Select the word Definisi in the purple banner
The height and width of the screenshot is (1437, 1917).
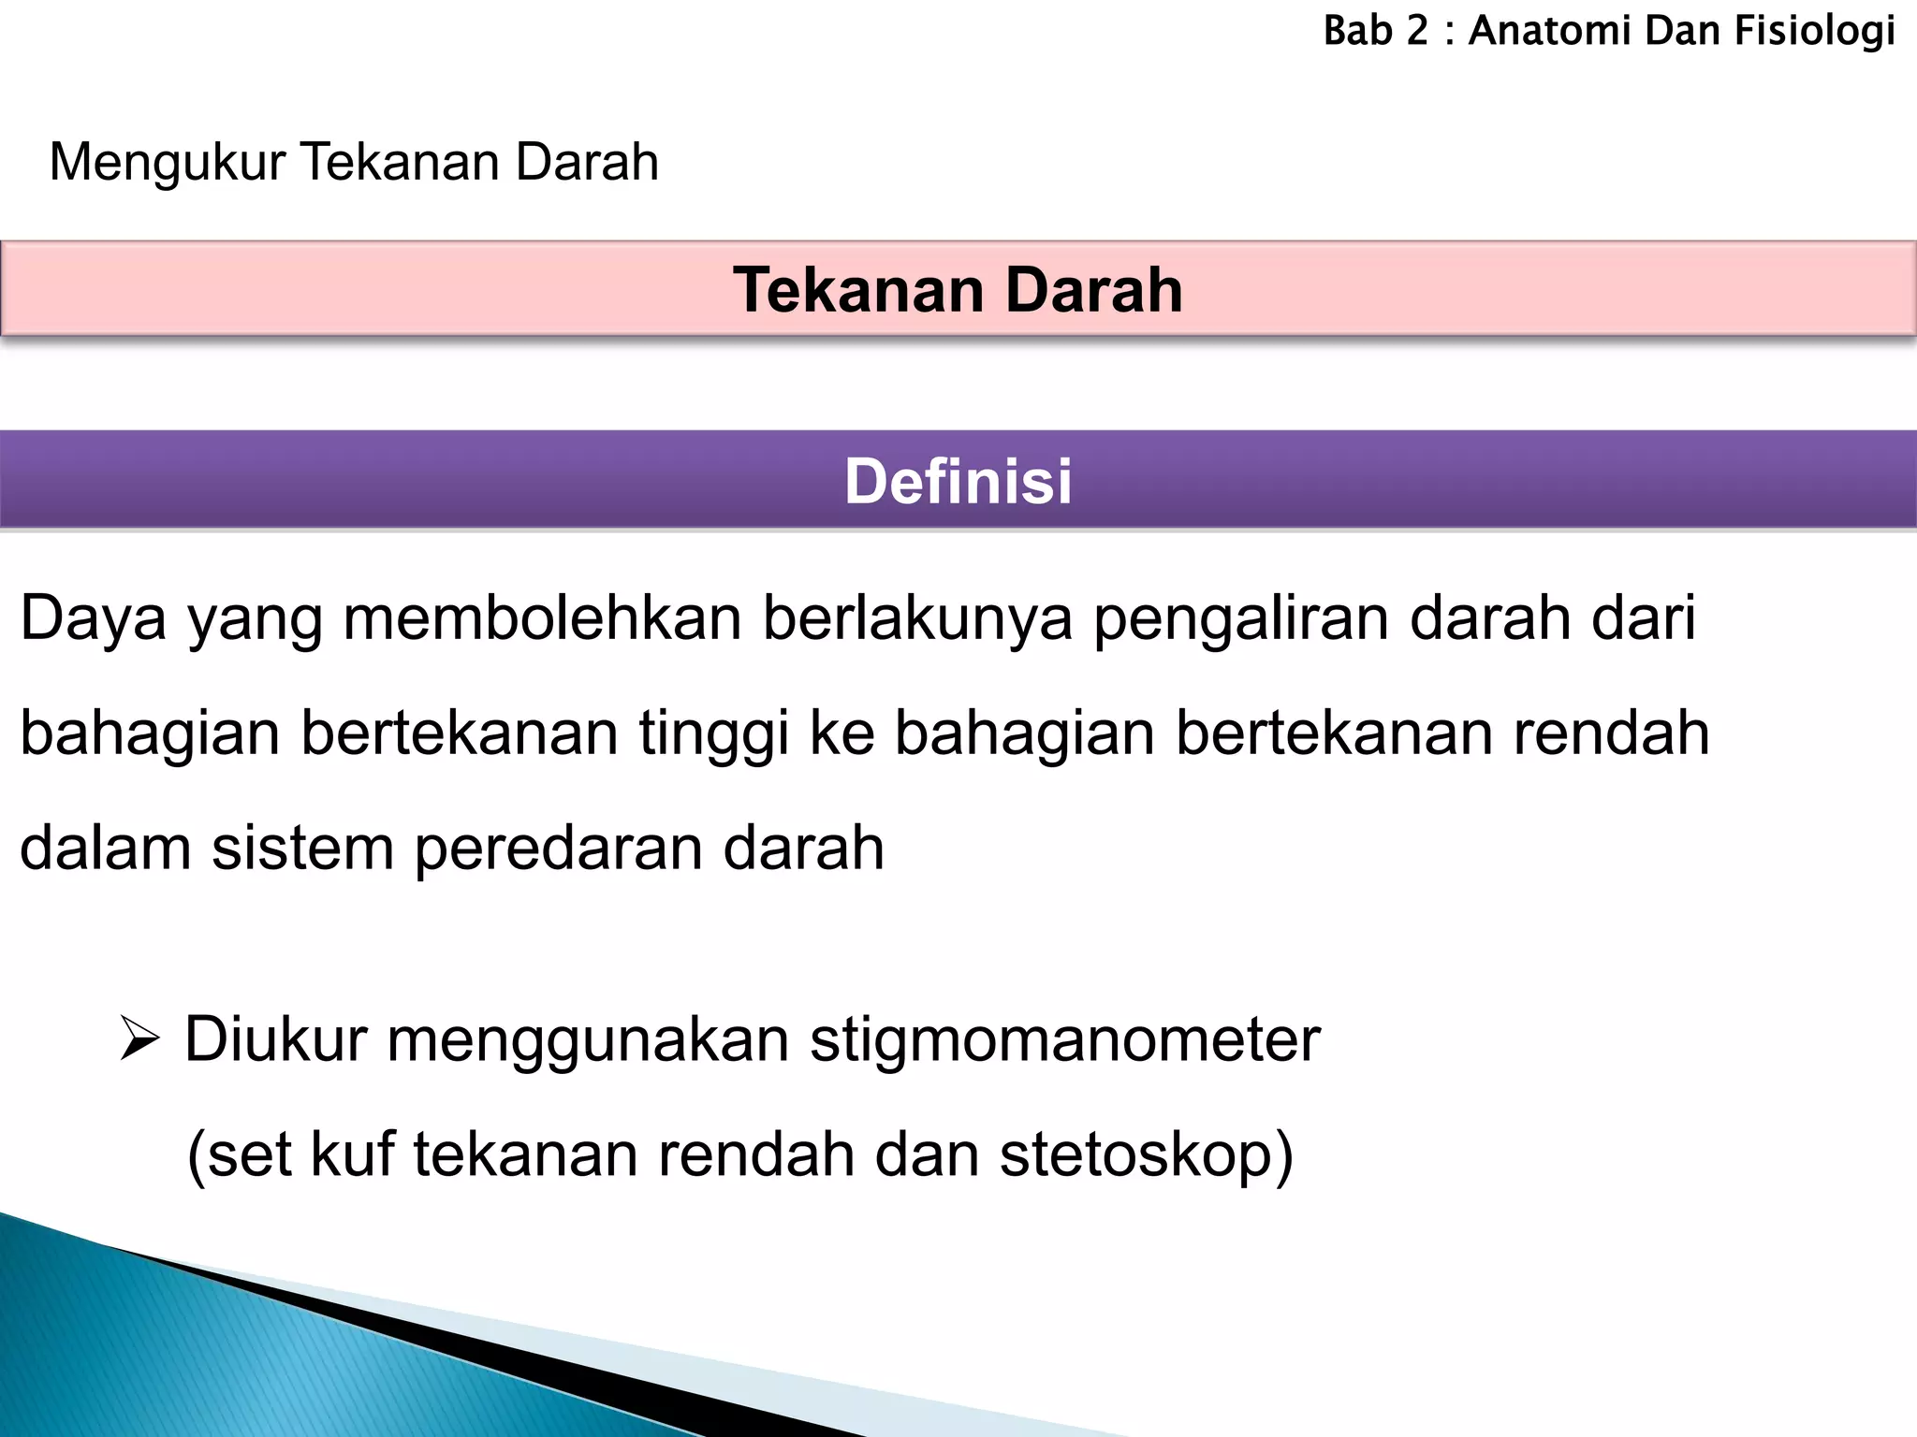tap(958, 482)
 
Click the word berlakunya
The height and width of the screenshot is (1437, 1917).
tap(917, 619)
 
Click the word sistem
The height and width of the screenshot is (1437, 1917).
tap(302, 848)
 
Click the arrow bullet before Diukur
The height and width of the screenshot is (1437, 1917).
tap(140, 1040)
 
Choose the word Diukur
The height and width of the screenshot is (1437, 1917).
tap(275, 1039)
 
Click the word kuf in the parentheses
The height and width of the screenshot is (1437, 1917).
tap(352, 1154)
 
